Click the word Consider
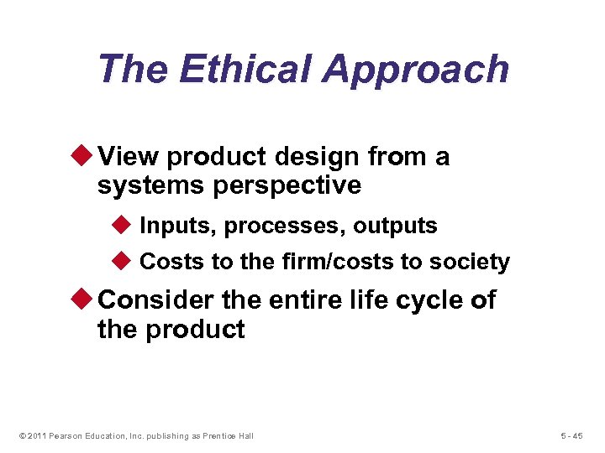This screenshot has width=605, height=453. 157,300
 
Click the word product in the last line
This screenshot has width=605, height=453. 195,330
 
